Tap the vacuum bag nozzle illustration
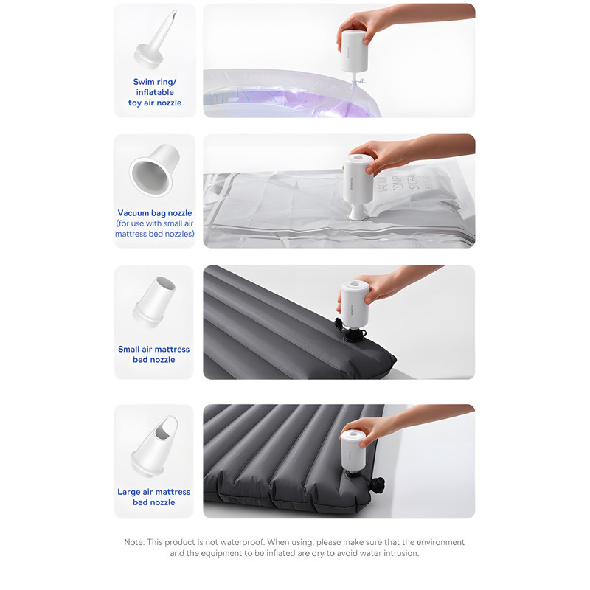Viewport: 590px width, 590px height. coord(154,170)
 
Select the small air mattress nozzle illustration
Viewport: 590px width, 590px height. coord(154,302)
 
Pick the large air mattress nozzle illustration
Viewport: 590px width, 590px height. coord(154,447)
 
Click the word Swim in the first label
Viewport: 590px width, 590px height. coord(144,82)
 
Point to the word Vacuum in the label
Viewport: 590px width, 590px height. coord(133,213)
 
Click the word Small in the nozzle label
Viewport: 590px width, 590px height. coord(128,349)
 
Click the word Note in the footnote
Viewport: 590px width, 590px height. coord(134,542)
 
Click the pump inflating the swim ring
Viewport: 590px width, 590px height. coord(354,51)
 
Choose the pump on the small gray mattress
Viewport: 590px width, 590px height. coord(354,305)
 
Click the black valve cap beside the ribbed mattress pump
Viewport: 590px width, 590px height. coord(378,485)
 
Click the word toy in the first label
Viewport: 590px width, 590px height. coord(135,103)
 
